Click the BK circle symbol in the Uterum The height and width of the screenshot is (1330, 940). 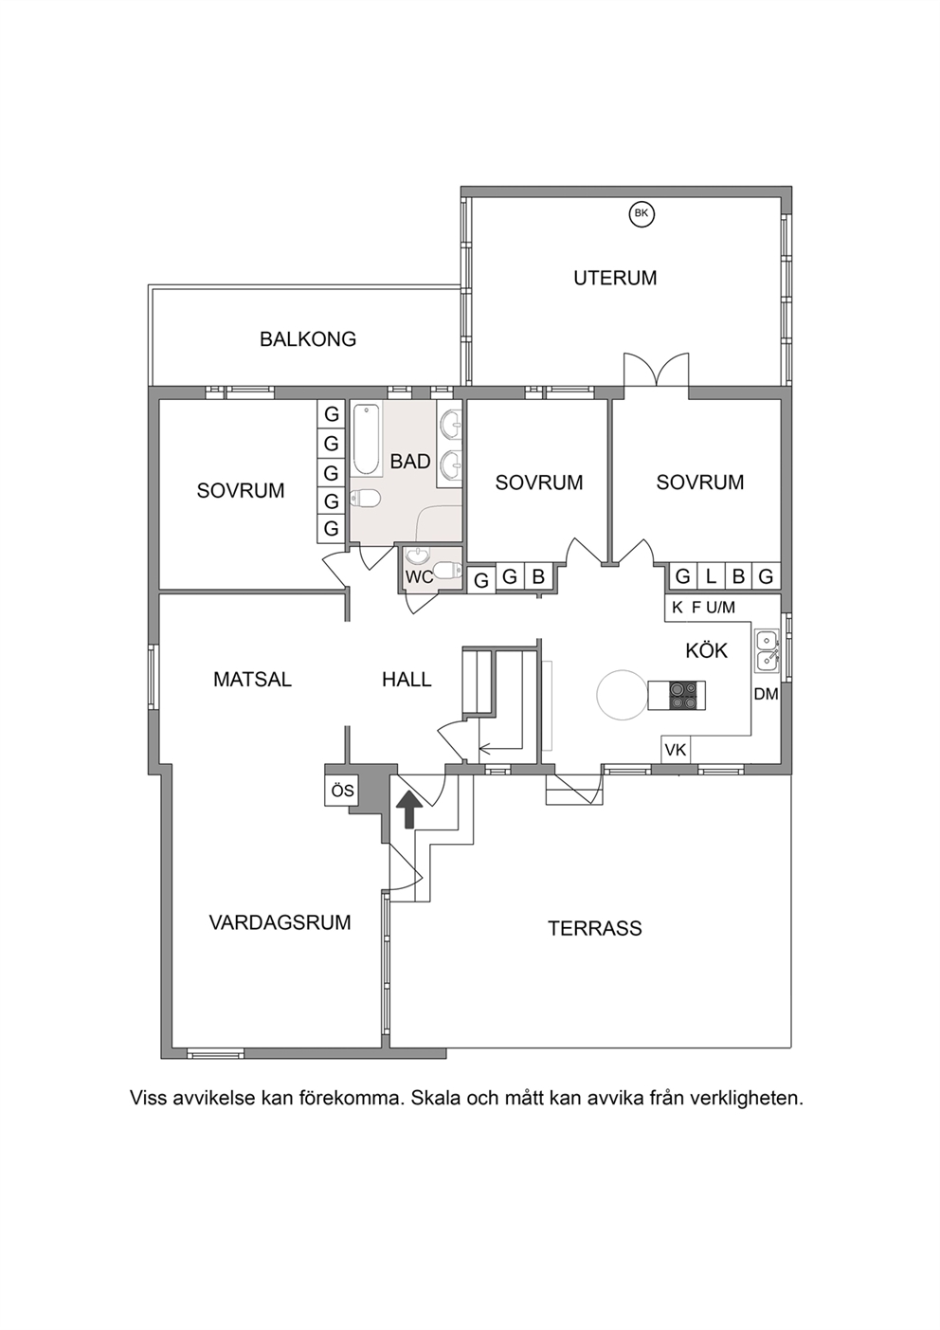(x=642, y=214)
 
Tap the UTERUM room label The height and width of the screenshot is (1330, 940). (x=615, y=278)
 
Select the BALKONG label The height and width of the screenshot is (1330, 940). (x=308, y=339)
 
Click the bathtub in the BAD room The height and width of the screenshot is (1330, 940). (x=366, y=439)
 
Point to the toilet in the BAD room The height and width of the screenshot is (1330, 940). (x=365, y=499)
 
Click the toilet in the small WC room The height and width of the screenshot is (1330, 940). (x=447, y=571)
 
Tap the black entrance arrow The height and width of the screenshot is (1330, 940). (x=409, y=810)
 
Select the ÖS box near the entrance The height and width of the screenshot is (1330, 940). (x=342, y=791)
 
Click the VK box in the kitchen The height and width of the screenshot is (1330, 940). (x=676, y=750)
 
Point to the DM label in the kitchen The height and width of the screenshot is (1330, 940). (x=766, y=694)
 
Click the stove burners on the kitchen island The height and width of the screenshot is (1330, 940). (x=682, y=695)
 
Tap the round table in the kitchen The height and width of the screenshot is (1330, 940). (x=623, y=695)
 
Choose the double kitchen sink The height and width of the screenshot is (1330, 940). (x=767, y=650)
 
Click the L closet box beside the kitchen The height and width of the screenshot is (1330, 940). (x=711, y=576)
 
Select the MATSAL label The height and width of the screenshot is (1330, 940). (x=252, y=680)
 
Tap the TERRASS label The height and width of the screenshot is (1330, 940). (x=595, y=928)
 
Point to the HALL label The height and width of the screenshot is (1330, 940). (x=407, y=680)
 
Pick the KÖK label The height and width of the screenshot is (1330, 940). (x=706, y=650)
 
